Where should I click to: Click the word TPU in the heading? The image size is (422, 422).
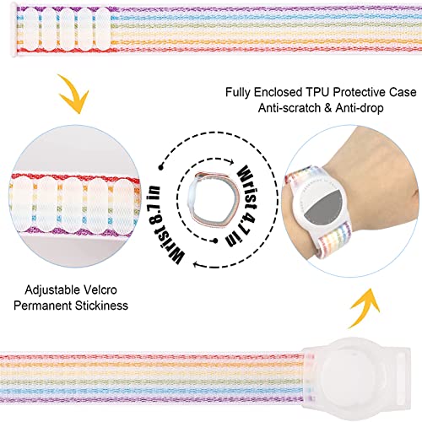(x=318, y=92)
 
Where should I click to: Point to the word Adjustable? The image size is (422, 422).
(x=52, y=290)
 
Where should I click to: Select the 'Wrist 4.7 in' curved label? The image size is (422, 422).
(x=244, y=205)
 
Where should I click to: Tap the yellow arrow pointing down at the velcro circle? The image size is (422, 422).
(x=73, y=94)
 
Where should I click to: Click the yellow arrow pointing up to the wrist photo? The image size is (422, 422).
(x=365, y=308)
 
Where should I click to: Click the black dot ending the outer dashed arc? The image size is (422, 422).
(x=160, y=168)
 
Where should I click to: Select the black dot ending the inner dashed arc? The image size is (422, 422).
(x=215, y=241)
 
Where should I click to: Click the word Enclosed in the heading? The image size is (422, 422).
(x=279, y=92)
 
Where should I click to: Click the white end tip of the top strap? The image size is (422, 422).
(x=14, y=30)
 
